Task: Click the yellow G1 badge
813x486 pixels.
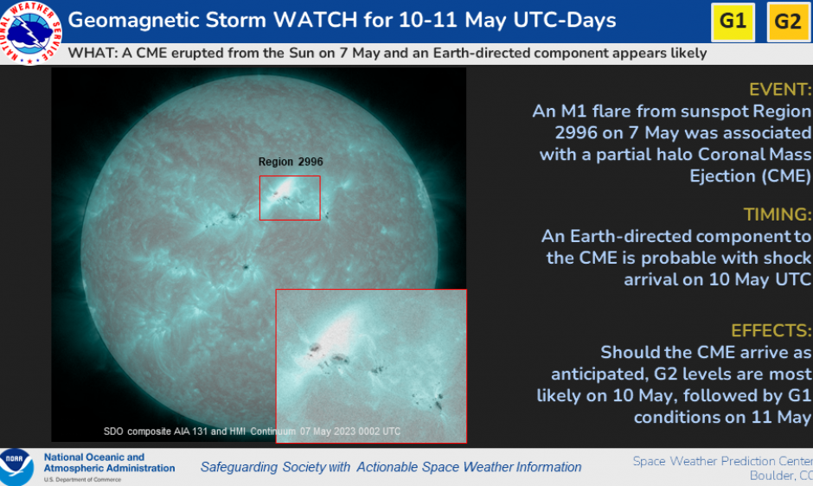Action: point(733,22)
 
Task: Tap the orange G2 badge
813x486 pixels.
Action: point(789,22)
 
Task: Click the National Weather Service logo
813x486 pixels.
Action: point(30,32)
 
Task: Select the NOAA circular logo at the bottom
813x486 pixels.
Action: point(16,467)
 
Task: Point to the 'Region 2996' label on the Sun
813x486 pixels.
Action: point(291,162)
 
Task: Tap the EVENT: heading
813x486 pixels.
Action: point(780,90)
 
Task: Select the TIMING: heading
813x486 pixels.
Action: point(777,214)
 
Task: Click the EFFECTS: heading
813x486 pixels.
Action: point(771,330)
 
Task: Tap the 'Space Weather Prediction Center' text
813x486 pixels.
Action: point(722,461)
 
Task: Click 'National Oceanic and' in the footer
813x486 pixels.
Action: point(94,457)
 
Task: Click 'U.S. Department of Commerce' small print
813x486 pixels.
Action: point(82,480)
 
